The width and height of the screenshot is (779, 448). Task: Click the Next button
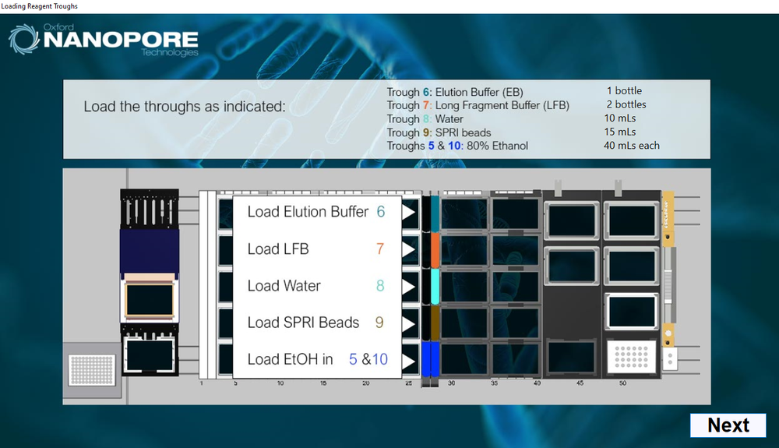728,425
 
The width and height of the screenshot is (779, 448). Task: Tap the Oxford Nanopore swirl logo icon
23,39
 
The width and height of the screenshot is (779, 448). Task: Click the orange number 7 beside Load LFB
380,249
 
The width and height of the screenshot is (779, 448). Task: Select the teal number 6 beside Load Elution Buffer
381,212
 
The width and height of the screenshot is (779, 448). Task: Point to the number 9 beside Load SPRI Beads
379,323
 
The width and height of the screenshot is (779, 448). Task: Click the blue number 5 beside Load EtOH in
353,359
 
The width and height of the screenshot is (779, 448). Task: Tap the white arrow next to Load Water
408,287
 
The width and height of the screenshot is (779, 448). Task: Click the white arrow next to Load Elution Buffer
408,213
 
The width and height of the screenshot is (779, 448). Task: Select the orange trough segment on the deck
435,250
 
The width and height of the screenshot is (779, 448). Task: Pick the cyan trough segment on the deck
435,287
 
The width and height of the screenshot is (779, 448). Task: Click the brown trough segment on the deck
435,323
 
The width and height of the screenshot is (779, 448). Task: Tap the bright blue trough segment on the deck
430,359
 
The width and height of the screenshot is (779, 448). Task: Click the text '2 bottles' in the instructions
626,104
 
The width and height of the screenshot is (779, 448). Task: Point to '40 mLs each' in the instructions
632,146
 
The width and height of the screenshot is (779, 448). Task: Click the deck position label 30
451,383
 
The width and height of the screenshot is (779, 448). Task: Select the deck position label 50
622,383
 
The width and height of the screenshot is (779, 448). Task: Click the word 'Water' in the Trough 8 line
449,118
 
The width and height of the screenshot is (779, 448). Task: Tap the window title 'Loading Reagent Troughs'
39,6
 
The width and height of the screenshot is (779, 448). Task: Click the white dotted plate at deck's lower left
92,369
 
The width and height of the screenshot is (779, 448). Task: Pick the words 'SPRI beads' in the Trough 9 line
463,132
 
